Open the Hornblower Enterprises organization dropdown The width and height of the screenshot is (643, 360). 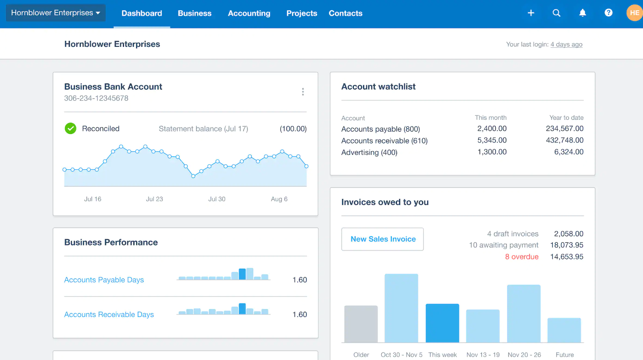click(x=56, y=13)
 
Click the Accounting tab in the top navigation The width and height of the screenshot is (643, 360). click(x=249, y=13)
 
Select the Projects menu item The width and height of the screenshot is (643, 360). click(x=302, y=13)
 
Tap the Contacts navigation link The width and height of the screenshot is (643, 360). click(x=345, y=13)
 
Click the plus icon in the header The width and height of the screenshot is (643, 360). click(x=531, y=13)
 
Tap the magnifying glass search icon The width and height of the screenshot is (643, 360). click(x=557, y=13)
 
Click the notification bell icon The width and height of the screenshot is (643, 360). click(x=583, y=13)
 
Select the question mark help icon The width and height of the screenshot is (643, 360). click(x=609, y=13)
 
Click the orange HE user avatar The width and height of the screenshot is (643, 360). click(x=634, y=13)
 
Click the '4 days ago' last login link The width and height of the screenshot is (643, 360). click(x=566, y=45)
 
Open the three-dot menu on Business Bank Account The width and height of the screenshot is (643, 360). click(x=303, y=92)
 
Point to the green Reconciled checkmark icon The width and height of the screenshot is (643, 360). click(x=71, y=129)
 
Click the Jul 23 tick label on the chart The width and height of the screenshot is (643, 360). click(x=155, y=199)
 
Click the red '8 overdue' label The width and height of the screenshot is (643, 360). click(x=522, y=257)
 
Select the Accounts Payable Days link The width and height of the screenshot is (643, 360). click(x=104, y=280)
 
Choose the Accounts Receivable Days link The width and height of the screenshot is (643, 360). click(x=109, y=315)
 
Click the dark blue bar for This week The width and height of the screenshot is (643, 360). click(x=442, y=323)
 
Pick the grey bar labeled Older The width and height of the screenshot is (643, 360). click(x=361, y=324)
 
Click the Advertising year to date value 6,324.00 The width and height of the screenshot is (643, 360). click(x=569, y=152)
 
